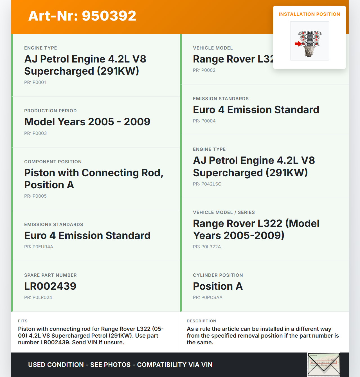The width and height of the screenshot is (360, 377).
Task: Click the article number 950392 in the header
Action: tap(109, 16)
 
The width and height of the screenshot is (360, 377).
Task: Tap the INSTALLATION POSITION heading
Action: tap(309, 14)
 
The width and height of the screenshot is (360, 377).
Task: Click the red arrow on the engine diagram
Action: tap(298, 44)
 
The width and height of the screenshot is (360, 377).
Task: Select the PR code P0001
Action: tap(35, 82)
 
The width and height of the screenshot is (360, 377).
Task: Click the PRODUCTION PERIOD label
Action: tap(50, 111)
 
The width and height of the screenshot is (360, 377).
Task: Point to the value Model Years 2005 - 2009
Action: tap(87, 122)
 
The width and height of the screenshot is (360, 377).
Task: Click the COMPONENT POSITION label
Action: tap(53, 162)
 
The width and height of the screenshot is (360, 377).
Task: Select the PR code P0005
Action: tap(35, 196)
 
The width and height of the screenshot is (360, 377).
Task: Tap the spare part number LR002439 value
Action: tap(50, 286)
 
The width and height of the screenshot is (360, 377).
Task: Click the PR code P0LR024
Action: tap(38, 297)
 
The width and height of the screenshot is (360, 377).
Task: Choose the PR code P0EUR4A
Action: tap(39, 247)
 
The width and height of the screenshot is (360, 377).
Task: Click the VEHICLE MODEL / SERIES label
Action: tap(224, 212)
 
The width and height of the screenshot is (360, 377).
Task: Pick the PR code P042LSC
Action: tap(207, 184)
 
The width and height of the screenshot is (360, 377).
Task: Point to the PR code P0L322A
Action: tap(207, 247)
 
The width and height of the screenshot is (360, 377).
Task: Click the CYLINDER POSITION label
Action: tap(218, 275)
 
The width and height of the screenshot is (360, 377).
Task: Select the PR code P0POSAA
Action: tap(208, 297)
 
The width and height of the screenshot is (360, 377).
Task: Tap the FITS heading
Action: tap(23, 321)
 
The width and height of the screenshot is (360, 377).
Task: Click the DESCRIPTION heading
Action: tap(201, 321)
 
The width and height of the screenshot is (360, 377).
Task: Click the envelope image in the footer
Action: tap(324, 364)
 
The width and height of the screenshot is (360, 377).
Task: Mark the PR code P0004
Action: tap(204, 121)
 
